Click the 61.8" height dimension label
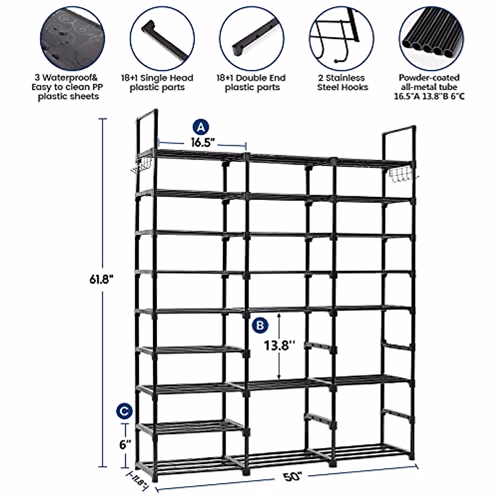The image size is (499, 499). (101, 280)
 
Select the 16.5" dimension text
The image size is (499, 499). (203, 142)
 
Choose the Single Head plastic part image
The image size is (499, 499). (161, 38)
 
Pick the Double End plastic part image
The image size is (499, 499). (252, 38)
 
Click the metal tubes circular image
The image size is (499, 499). (429, 38)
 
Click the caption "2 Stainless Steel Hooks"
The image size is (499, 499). (342, 82)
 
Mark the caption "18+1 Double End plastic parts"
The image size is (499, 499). (252, 82)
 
